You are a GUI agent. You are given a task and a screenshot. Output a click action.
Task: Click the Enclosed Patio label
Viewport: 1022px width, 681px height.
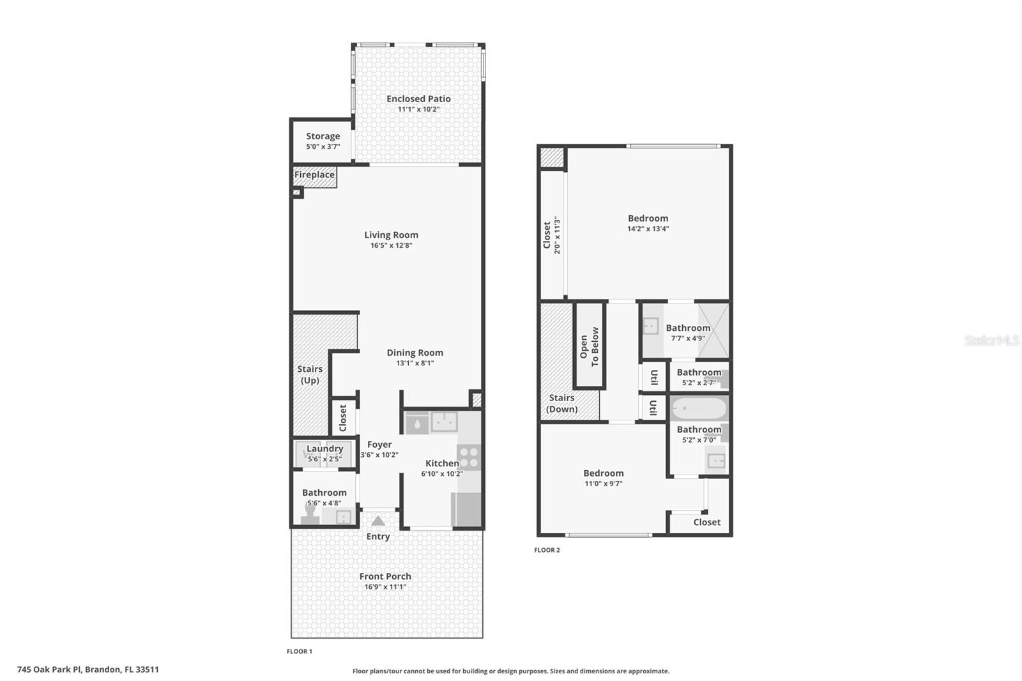(x=418, y=99)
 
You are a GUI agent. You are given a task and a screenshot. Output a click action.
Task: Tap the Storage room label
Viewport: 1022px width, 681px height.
(x=323, y=136)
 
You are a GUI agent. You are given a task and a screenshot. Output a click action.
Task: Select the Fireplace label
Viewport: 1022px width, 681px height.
(x=314, y=175)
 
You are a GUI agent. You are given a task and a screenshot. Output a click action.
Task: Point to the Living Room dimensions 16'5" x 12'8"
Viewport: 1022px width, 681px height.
(x=391, y=245)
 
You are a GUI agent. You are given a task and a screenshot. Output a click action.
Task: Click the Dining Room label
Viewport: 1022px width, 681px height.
(x=415, y=353)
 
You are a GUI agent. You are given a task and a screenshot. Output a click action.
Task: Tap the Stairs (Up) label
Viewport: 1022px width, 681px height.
(x=310, y=374)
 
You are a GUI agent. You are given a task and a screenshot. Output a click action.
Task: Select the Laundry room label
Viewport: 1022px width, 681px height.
(x=324, y=448)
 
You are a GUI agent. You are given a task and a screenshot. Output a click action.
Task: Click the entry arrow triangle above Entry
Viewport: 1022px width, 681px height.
(x=378, y=521)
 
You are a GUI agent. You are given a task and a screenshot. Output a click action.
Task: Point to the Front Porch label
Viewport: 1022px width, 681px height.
(x=385, y=576)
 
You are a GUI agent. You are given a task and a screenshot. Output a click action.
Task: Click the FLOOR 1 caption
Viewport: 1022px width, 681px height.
(x=299, y=652)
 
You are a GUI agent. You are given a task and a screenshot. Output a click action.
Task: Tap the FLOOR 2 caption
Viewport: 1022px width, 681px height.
(x=547, y=550)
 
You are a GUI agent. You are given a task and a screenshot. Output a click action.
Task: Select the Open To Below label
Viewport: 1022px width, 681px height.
(x=590, y=346)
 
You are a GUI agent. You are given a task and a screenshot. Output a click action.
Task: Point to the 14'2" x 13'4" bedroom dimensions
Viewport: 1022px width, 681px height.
(x=648, y=229)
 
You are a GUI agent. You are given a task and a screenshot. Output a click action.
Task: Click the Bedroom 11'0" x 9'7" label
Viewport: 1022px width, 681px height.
(x=603, y=473)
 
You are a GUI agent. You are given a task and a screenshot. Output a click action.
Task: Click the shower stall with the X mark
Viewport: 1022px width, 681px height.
(x=713, y=330)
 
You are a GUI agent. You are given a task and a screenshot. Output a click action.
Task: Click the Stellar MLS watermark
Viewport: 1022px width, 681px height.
(x=991, y=341)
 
